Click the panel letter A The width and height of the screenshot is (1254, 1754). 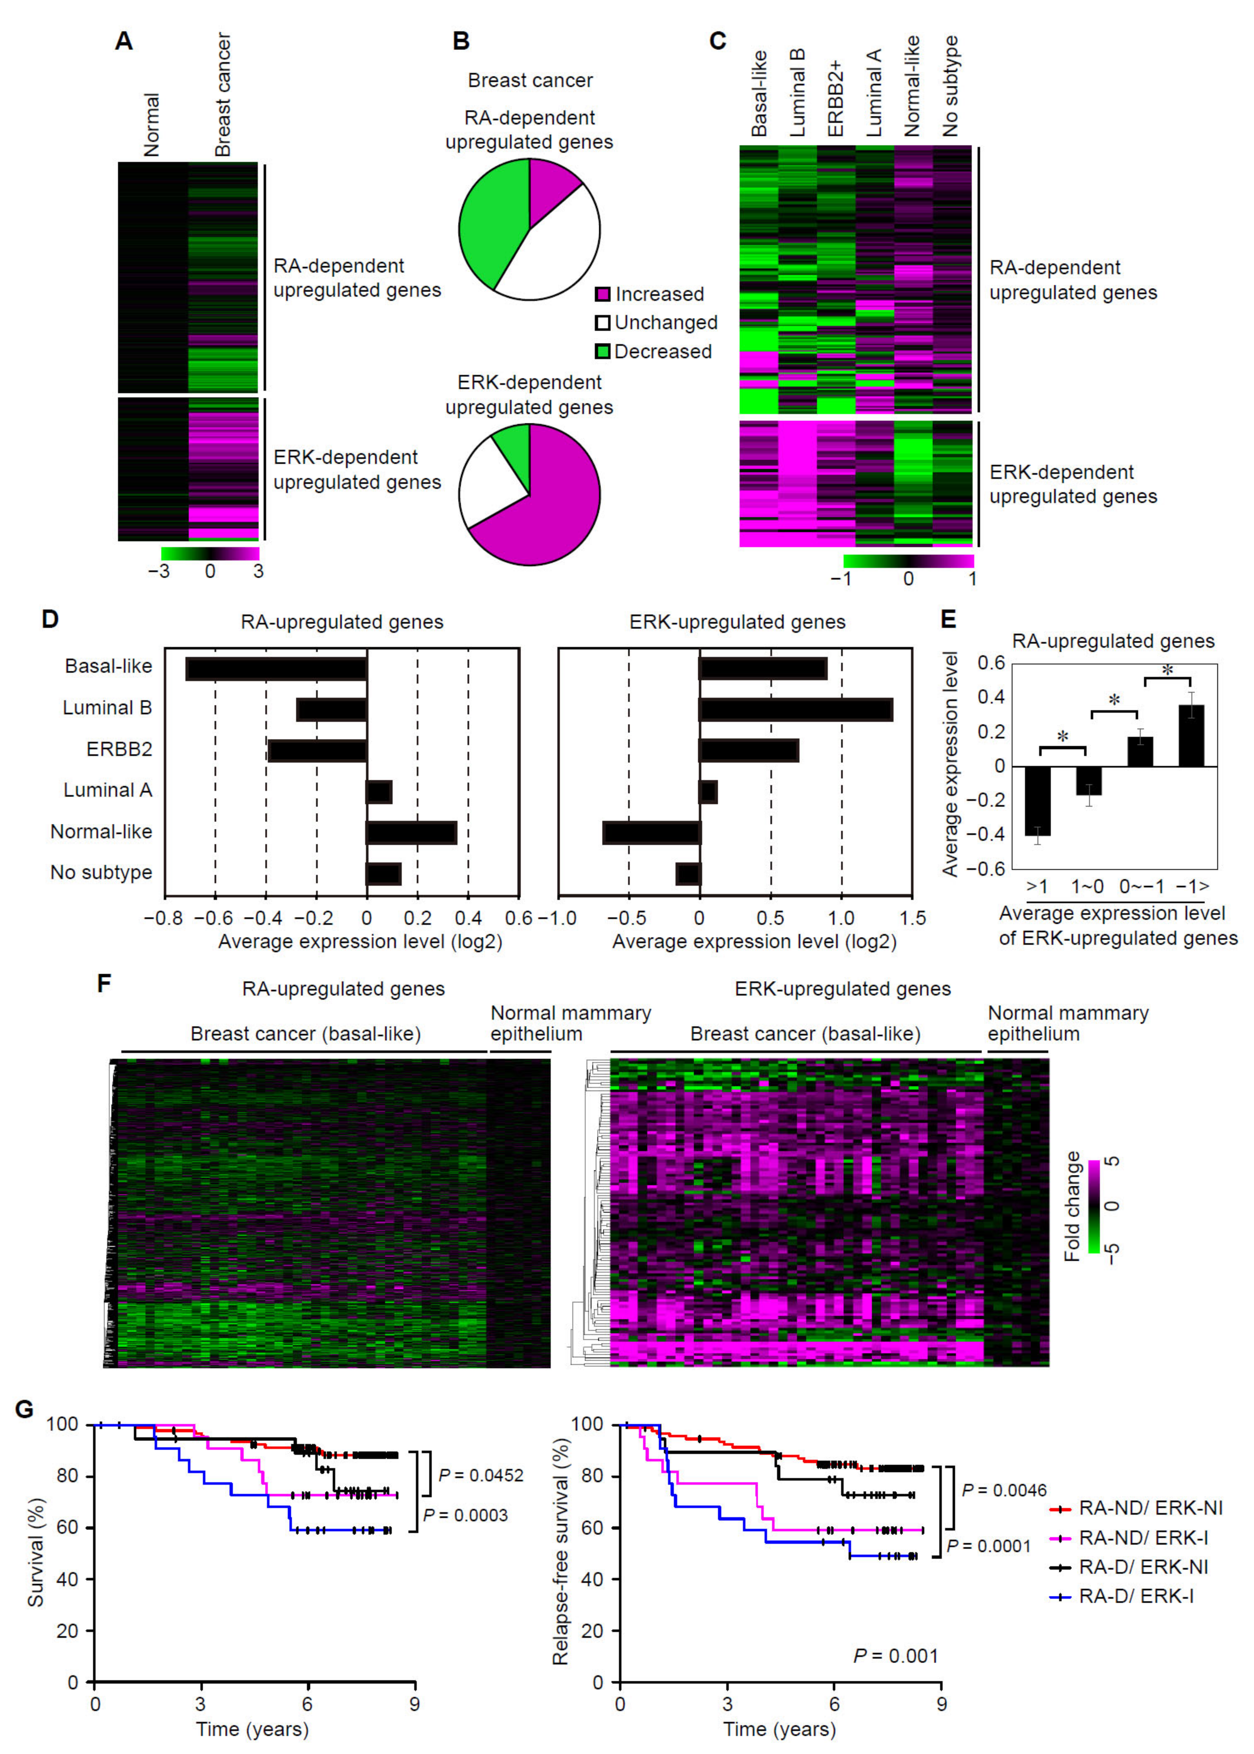coord(124,41)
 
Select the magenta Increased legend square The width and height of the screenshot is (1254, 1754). coord(602,294)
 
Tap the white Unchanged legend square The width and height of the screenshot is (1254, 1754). coord(602,323)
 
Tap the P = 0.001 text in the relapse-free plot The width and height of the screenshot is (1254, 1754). coord(896,1656)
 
